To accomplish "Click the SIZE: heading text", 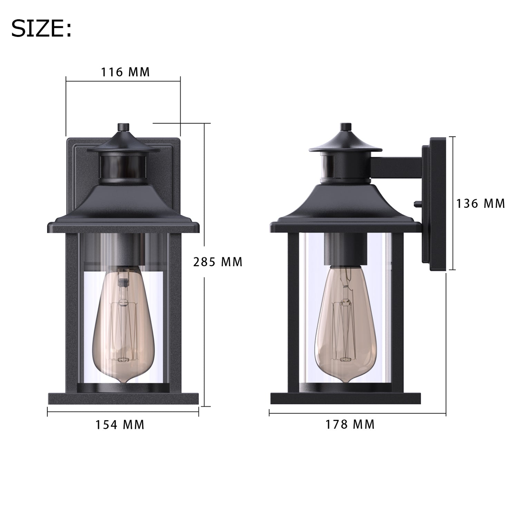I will click(41, 29).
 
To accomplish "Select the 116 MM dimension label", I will click(125, 72).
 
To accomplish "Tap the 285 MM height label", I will click(218, 262).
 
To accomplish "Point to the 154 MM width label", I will click(120, 424).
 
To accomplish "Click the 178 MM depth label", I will click(350, 424).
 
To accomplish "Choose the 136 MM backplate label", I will click(481, 204).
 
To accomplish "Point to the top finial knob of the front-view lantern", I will click(123, 127).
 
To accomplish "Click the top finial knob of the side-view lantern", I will click(345, 127).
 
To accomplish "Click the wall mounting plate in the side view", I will click(434, 204).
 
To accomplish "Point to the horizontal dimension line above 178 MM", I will click(357, 413).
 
